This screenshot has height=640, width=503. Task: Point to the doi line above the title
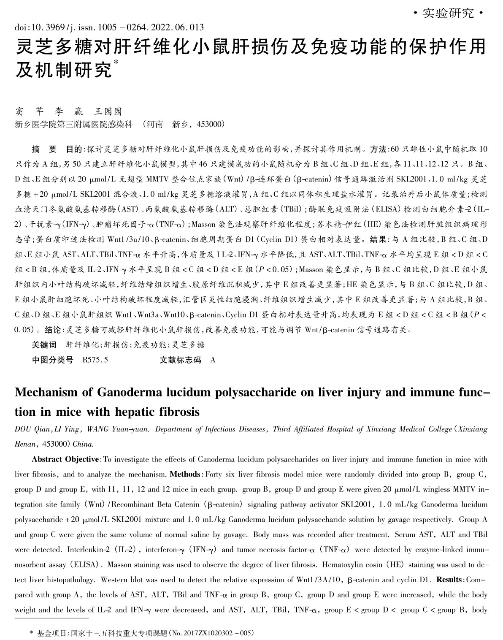pyautogui.click(x=109, y=28)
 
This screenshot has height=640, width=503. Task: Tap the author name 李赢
pyautogui.click(x=65, y=111)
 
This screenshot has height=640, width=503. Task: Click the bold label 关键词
pyautogui.click(x=44, y=345)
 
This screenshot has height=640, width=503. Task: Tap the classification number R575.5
pyautogui.click(x=96, y=360)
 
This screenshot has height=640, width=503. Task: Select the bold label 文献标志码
pyautogui.click(x=180, y=360)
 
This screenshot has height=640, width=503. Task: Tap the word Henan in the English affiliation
pyautogui.click(x=25, y=445)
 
